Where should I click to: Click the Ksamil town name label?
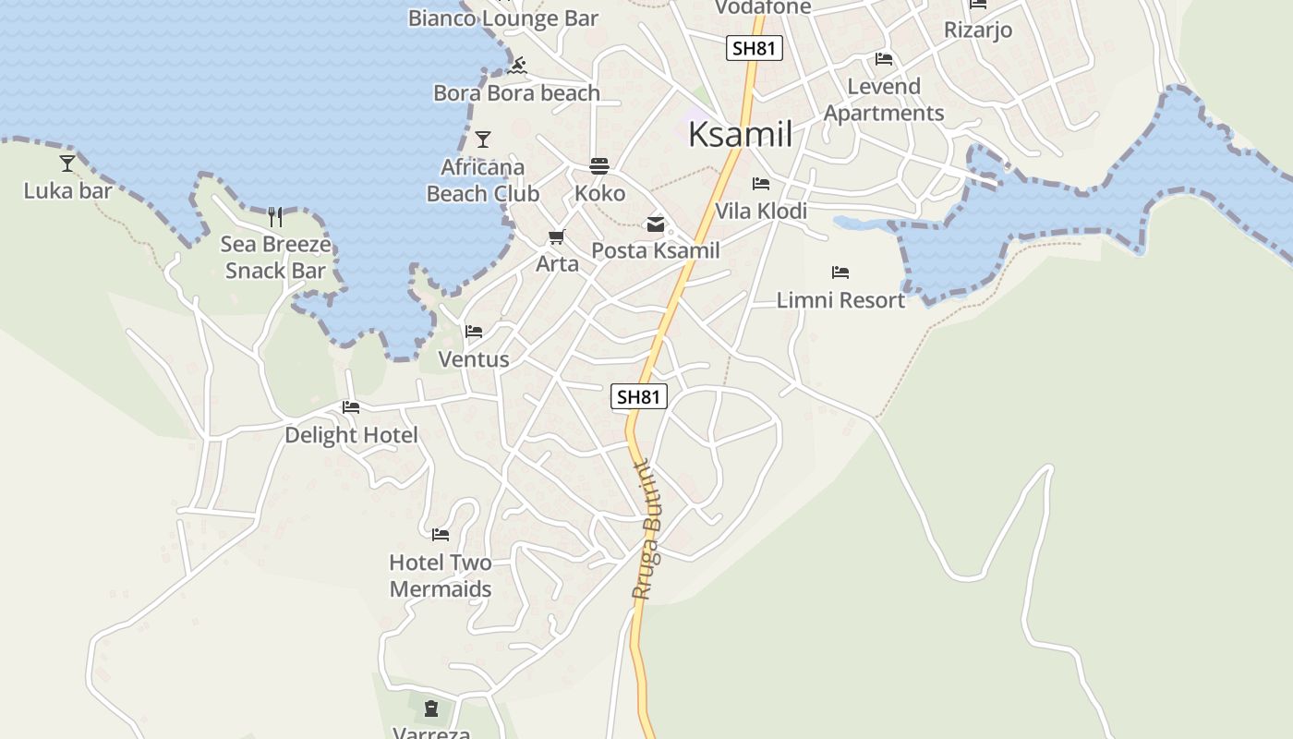(x=740, y=135)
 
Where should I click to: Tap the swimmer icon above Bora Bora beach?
(x=518, y=65)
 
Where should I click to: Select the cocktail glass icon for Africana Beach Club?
(x=482, y=139)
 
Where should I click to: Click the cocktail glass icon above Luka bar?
(x=67, y=164)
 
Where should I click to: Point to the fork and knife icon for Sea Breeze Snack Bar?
(x=274, y=217)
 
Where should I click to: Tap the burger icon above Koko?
(x=599, y=166)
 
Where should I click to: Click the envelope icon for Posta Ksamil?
(x=655, y=224)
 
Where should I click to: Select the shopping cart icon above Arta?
(x=557, y=237)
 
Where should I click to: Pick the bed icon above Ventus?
(x=474, y=332)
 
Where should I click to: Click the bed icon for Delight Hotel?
(x=351, y=407)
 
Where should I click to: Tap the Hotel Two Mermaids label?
(x=440, y=575)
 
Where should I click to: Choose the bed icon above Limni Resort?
(x=840, y=273)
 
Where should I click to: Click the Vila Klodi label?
(x=761, y=211)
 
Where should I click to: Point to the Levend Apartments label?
(x=884, y=100)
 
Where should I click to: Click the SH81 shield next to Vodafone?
(x=755, y=48)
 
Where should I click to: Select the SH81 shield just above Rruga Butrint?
(x=638, y=397)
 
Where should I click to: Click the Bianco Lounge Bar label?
(x=502, y=18)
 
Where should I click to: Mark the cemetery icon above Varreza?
(x=431, y=709)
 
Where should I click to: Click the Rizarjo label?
(x=977, y=30)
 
